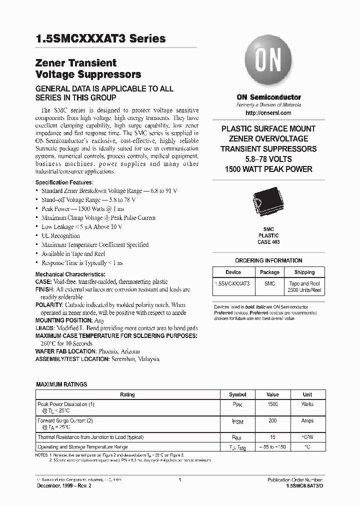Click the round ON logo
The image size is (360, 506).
(268, 61)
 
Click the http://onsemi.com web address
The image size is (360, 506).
(268, 112)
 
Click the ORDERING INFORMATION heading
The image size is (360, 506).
(268, 260)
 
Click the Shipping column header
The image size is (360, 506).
(304, 272)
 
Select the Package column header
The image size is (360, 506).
(269, 272)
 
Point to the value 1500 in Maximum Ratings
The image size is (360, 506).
(272, 404)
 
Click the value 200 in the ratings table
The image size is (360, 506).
(272, 421)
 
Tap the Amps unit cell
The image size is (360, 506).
(307, 421)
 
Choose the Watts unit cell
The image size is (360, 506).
(307, 404)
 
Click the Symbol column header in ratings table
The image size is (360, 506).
(237, 394)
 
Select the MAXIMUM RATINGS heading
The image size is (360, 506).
(61, 384)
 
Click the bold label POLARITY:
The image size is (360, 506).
(48, 304)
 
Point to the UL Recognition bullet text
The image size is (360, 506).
(60, 236)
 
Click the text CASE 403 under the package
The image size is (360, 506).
(268, 242)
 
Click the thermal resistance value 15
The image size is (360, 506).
(272, 437)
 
